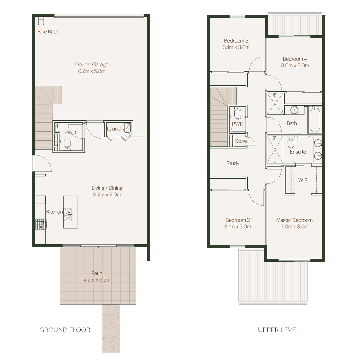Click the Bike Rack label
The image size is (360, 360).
click(48, 32)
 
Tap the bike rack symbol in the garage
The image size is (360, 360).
click(41, 21)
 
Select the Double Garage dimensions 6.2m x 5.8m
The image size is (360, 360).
click(92, 71)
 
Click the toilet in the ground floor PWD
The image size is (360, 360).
click(67, 144)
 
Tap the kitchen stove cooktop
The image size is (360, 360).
click(40, 224)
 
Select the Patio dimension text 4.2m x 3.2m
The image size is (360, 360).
click(97, 280)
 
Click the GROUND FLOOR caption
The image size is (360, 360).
click(65, 330)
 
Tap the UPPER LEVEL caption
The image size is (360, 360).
click(279, 330)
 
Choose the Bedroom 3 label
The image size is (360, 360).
click(236, 41)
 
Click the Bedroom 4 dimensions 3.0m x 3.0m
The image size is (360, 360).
click(295, 65)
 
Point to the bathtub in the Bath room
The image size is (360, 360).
click(315, 119)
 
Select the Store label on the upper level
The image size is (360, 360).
click(241, 141)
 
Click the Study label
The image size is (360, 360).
click(233, 163)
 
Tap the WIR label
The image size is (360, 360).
click(303, 180)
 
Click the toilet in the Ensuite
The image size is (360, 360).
click(291, 142)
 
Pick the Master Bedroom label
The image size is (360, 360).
click(294, 220)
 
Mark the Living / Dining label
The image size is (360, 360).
click(107, 188)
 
